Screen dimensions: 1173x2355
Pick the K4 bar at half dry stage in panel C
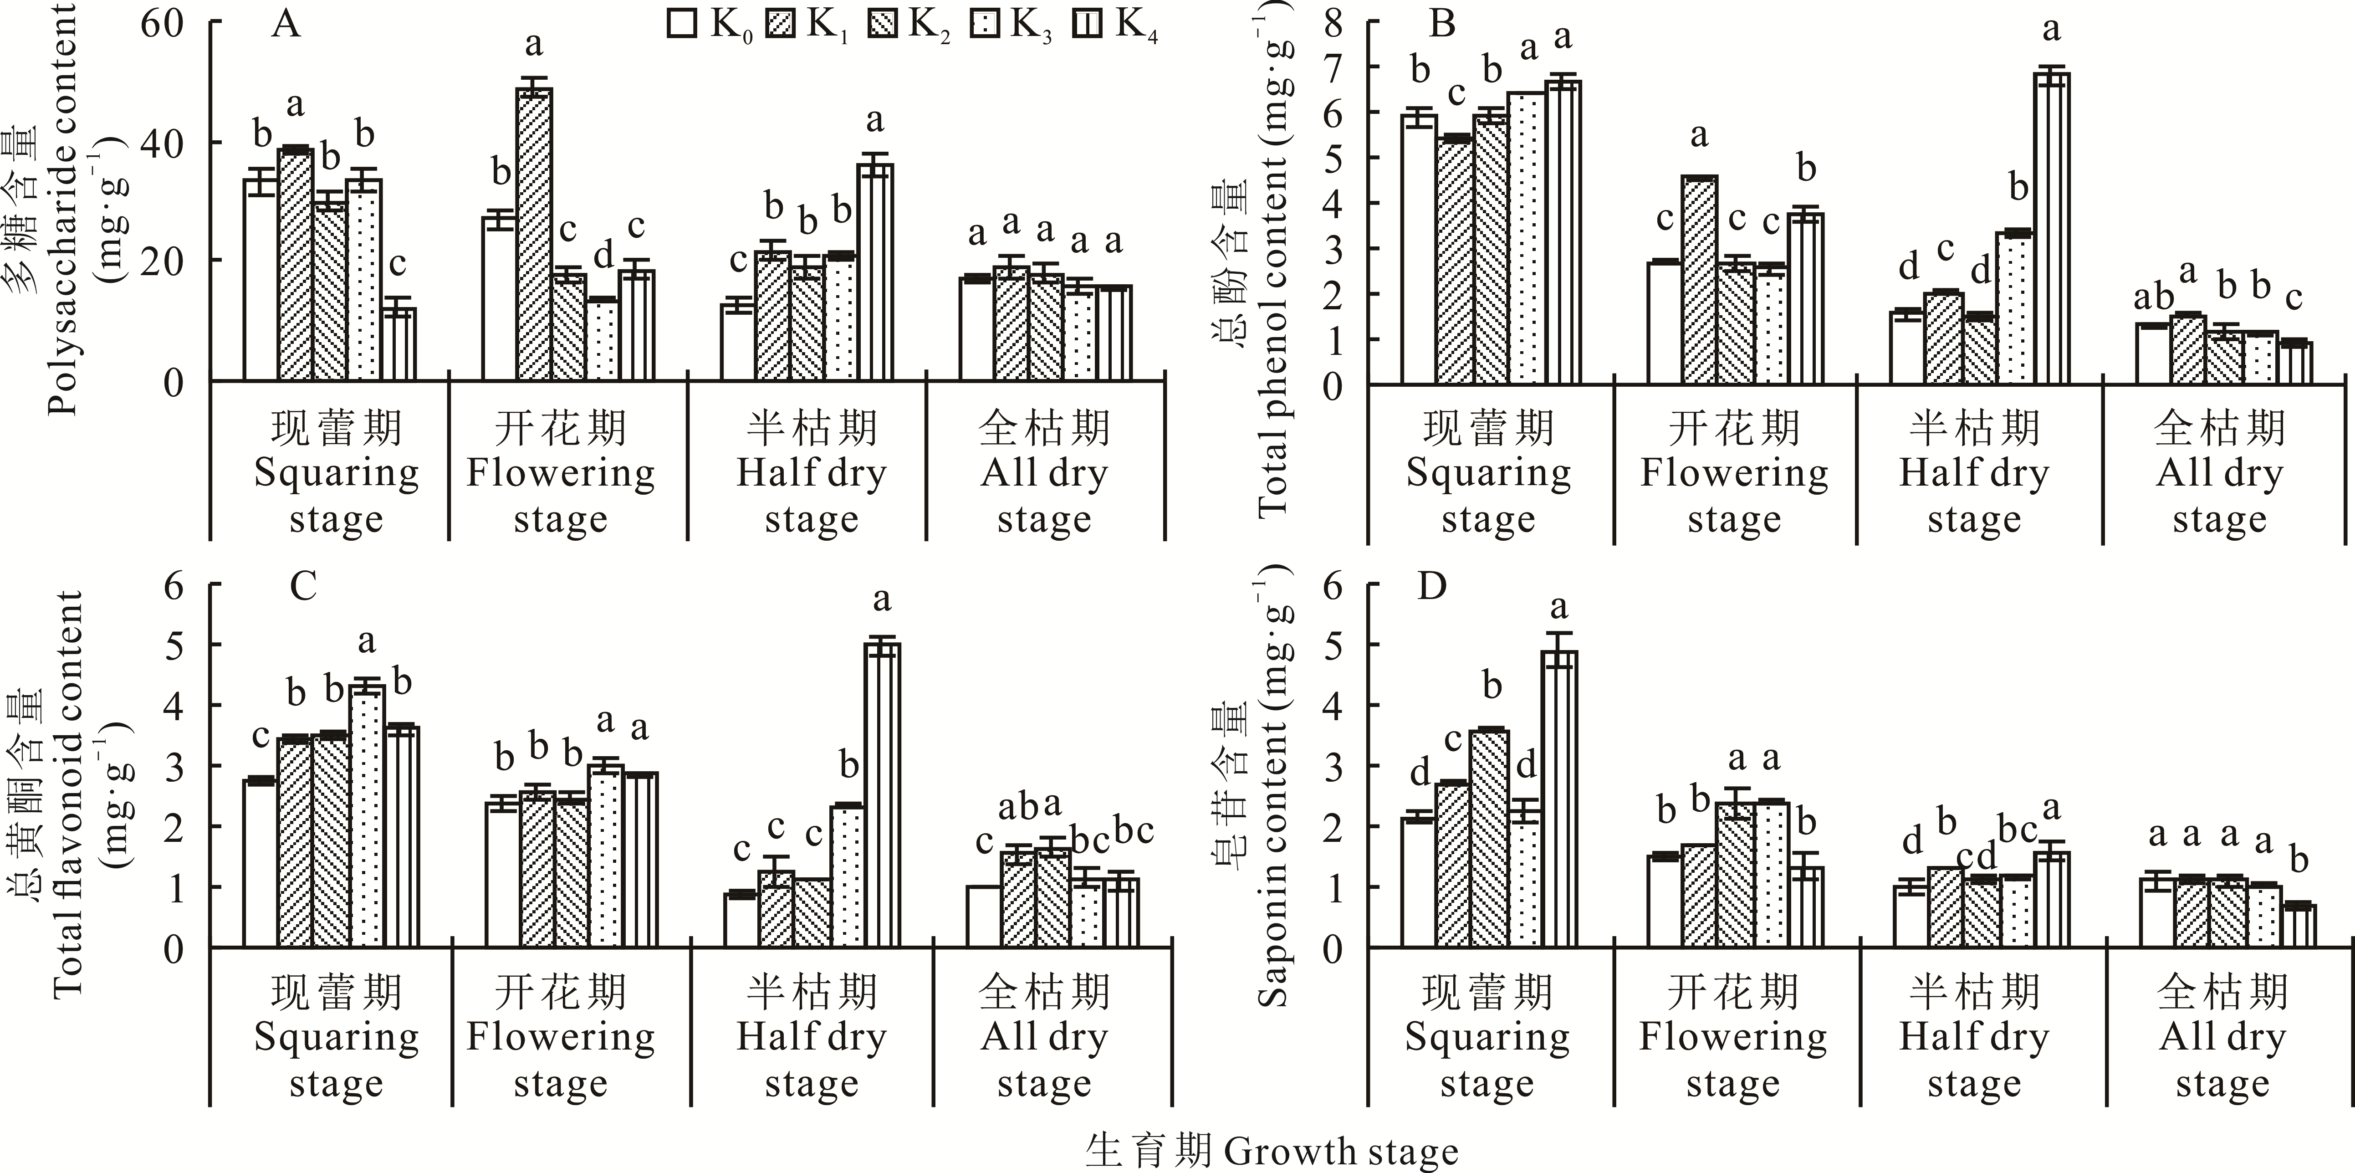882,795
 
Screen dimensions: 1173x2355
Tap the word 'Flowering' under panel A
561,474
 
